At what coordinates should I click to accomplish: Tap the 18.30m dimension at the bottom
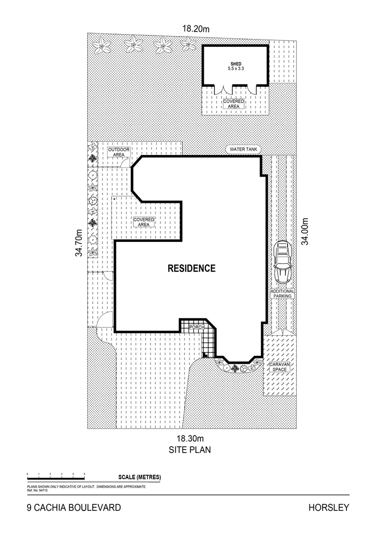click(x=190, y=438)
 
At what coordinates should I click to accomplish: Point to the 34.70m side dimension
click(x=78, y=242)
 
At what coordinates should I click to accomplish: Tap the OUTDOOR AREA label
click(x=119, y=152)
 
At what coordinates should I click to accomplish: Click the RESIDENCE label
click(x=191, y=268)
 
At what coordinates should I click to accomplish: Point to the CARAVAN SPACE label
click(x=279, y=366)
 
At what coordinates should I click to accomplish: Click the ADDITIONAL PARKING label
click(x=282, y=294)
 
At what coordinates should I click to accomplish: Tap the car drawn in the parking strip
click(x=282, y=262)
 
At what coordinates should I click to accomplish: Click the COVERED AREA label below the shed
click(x=233, y=104)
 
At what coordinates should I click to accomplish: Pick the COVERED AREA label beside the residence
click(x=144, y=222)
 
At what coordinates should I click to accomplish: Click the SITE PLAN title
click(x=190, y=450)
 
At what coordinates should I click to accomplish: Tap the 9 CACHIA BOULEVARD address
click(x=74, y=507)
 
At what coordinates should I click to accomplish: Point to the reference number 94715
click(x=38, y=491)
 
